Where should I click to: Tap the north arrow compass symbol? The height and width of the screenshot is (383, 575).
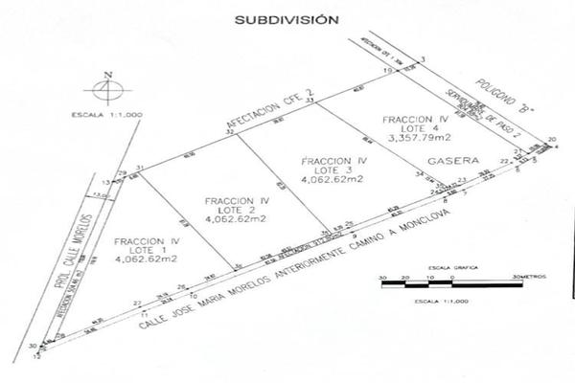tap(108, 92)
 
